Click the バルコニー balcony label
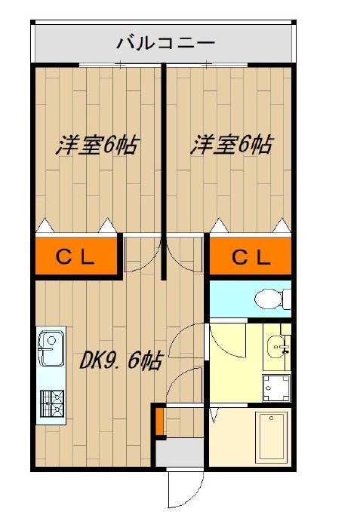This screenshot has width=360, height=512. pyautogui.click(x=165, y=43)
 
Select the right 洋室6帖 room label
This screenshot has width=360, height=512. pyautogui.click(x=231, y=146)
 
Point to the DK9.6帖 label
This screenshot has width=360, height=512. pyautogui.click(x=121, y=362)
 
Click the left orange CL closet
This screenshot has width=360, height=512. pyautogui.click(x=76, y=257)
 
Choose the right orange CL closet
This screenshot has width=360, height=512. pyautogui.click(x=250, y=257)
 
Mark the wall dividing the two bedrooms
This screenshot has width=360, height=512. pyautogui.click(x=162, y=151)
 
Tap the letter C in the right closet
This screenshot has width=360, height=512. pyautogui.click(x=237, y=257)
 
